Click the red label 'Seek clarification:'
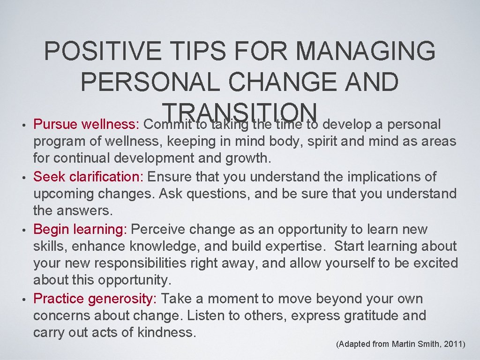90,177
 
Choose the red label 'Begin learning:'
80,230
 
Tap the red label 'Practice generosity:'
95,299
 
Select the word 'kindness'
166,333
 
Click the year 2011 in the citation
452,345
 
